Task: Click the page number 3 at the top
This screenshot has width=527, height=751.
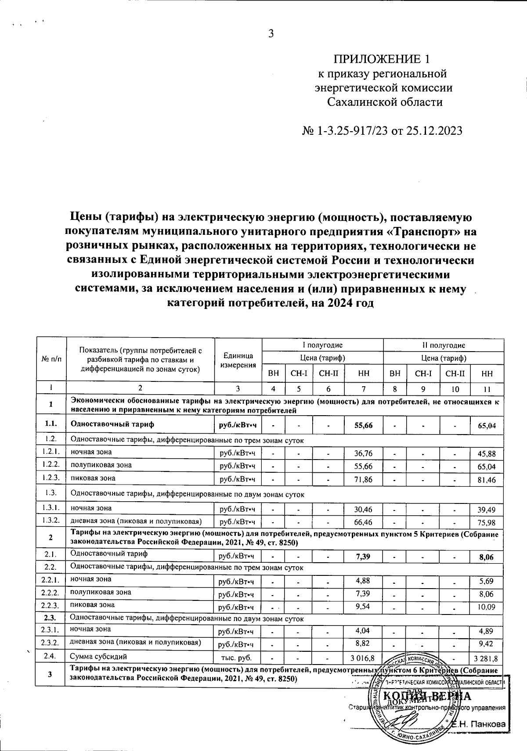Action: click(x=271, y=34)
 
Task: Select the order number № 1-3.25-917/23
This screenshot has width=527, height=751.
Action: click(x=343, y=131)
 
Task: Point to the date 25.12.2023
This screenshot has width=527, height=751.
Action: click(x=429, y=131)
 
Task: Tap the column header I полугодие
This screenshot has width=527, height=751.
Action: click(x=322, y=345)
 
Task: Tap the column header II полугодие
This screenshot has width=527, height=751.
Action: click(x=444, y=345)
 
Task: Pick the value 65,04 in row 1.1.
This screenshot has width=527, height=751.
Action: click(x=487, y=426)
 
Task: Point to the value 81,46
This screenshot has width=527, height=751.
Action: click(x=487, y=480)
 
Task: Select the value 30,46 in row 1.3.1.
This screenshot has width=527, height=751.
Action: click(x=363, y=509)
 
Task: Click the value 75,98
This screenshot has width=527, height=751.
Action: click(x=487, y=522)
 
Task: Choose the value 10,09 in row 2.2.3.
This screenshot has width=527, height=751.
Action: click(x=487, y=607)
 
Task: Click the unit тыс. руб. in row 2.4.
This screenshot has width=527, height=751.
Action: click(x=238, y=658)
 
